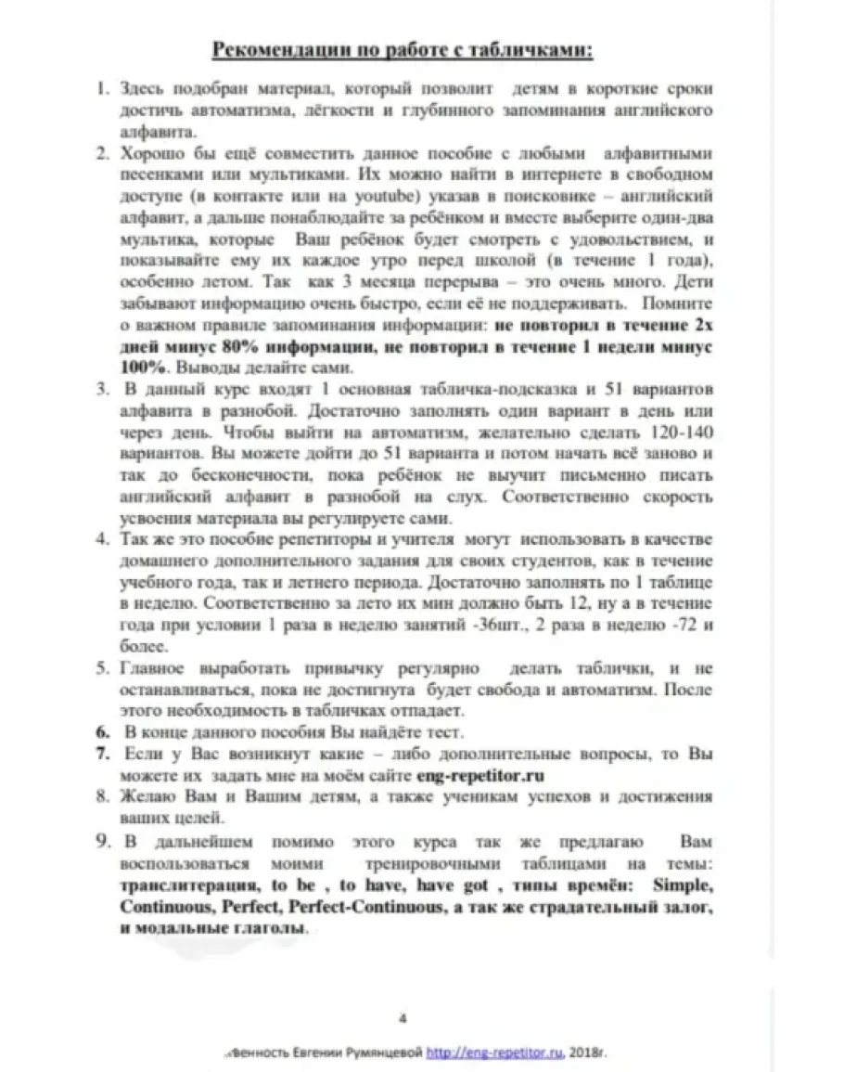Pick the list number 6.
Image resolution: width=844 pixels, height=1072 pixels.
tap(104, 732)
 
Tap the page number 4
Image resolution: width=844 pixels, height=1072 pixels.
tap(403, 1017)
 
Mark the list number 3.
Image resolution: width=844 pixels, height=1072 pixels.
tap(104, 388)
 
